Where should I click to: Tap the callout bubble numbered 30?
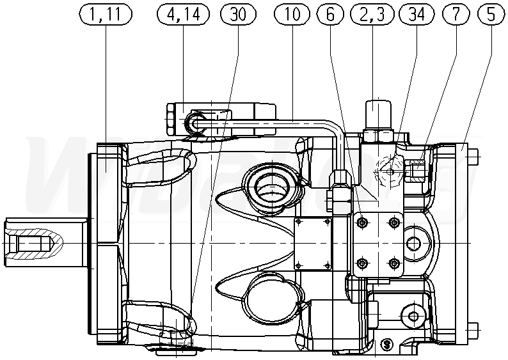pos(238,15)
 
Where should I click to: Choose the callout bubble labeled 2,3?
pos(374,15)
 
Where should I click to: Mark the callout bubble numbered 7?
pos(455,15)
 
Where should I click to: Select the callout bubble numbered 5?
pos(491,15)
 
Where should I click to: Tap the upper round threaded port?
pos(269,186)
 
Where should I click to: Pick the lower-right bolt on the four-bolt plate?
pos(393,263)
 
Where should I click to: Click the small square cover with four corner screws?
pos(312,242)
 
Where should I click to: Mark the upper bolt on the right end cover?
pos(473,154)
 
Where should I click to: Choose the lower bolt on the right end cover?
pos(473,330)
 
